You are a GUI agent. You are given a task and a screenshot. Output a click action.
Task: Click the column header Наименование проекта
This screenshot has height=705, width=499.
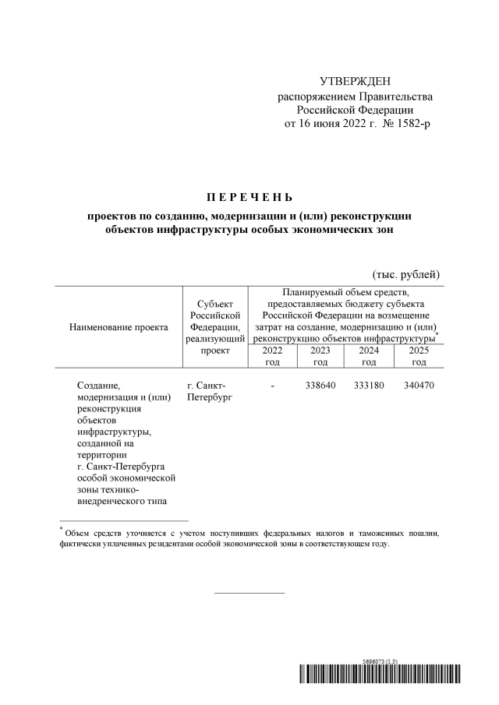pyautogui.click(x=119, y=327)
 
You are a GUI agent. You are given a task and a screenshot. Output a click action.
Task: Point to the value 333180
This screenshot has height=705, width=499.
pyautogui.click(x=369, y=386)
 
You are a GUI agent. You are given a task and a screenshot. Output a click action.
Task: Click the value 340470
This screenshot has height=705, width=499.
pyautogui.click(x=419, y=386)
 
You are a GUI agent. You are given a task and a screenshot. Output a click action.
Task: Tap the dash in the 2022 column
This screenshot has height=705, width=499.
pyautogui.click(x=272, y=386)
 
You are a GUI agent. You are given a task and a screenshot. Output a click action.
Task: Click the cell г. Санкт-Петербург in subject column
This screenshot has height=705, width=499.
pyautogui.click(x=207, y=391)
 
